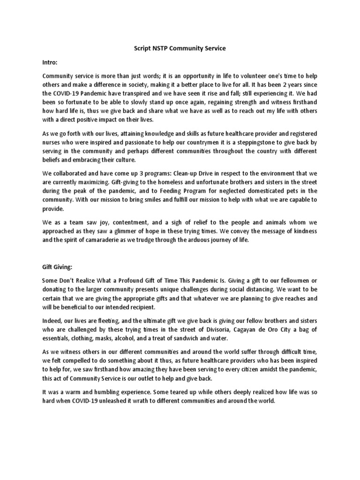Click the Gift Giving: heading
[x=59, y=267]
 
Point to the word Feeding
[x=197, y=191]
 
